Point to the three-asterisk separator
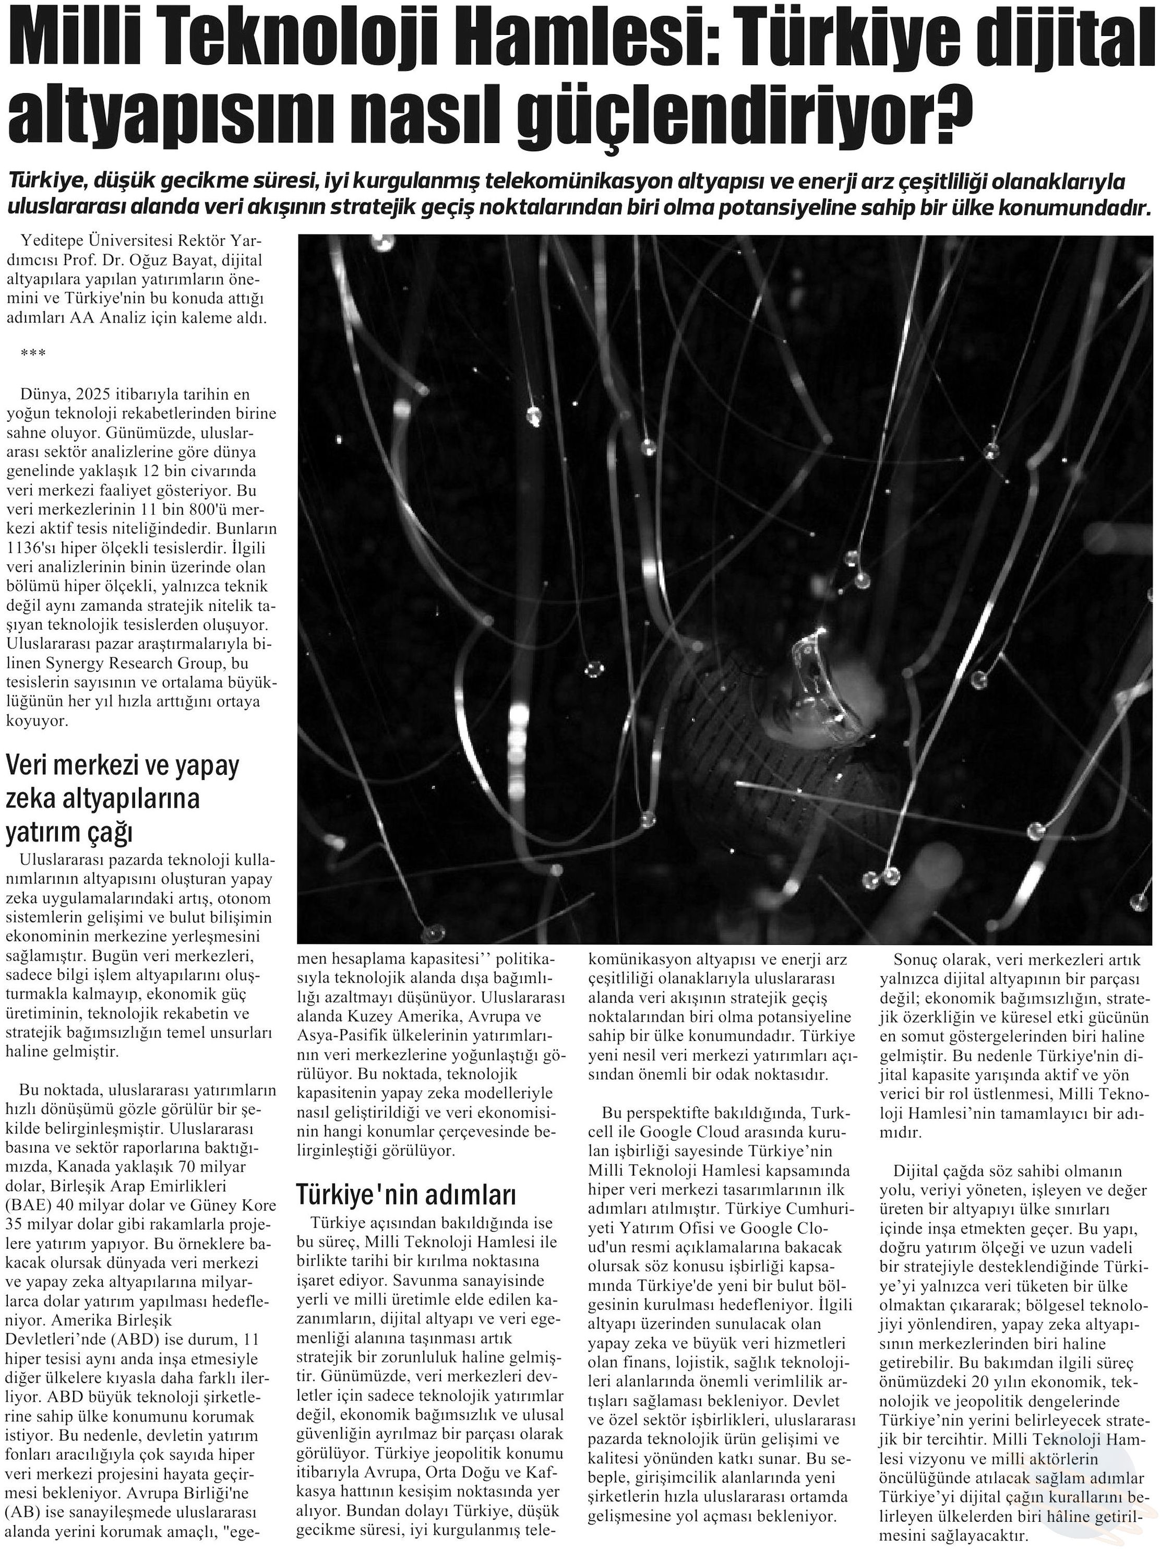(x=33, y=353)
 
